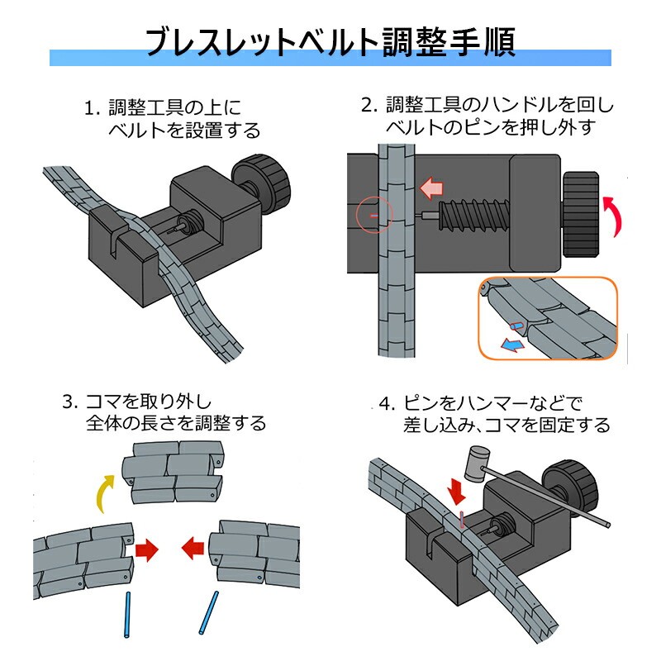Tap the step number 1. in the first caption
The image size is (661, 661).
coord(93,107)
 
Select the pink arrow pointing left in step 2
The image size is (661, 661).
coord(430,188)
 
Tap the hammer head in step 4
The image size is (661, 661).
coord(477,464)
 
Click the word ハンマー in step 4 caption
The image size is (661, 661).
coord(486,404)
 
